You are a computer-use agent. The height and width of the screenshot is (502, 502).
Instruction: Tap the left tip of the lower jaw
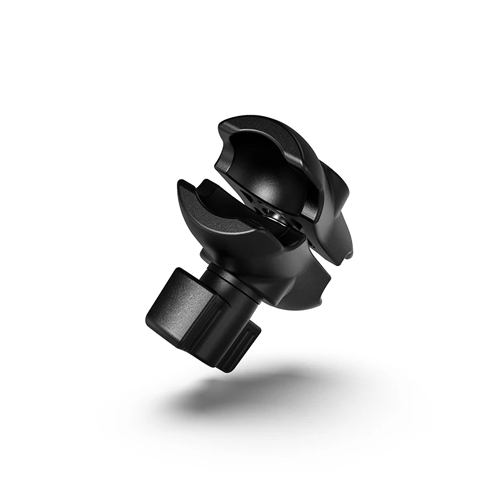click(182, 186)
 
